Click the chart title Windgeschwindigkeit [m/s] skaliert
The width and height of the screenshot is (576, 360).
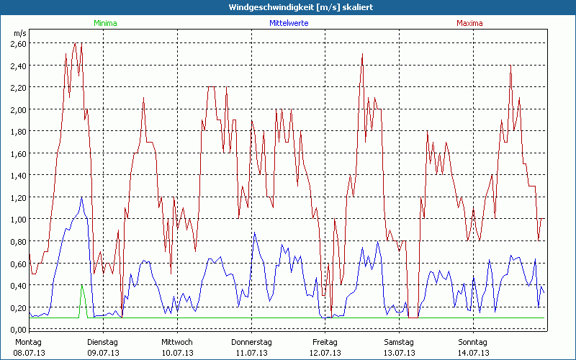point(288,7)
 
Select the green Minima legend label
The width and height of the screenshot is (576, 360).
point(104,23)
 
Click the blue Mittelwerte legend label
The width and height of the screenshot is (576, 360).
point(289,23)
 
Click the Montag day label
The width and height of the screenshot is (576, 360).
point(29,342)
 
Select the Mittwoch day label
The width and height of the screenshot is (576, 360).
point(177,342)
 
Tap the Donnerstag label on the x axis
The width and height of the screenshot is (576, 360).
point(251,342)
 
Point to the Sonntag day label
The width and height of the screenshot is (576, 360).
point(473,342)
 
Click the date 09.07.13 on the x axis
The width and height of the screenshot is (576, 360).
point(103,353)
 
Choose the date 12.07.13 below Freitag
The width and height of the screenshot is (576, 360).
point(325,353)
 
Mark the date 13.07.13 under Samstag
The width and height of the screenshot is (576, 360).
point(399,353)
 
